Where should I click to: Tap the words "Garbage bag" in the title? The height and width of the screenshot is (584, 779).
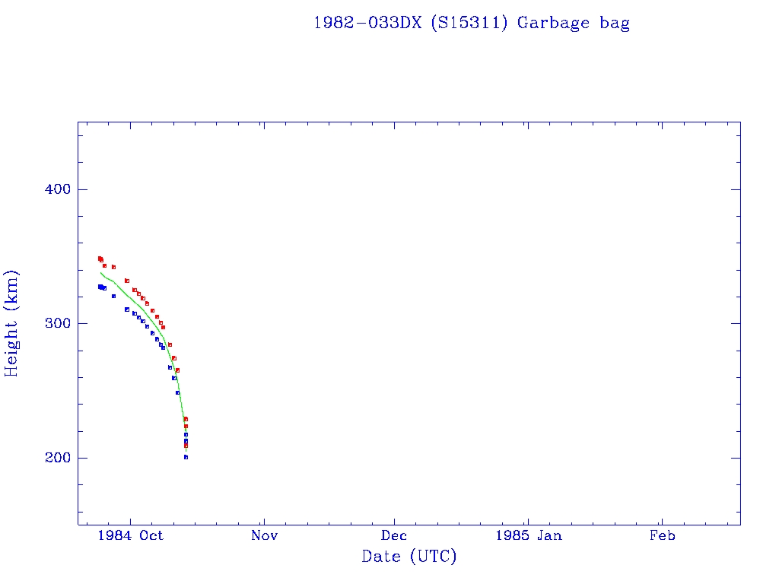574,23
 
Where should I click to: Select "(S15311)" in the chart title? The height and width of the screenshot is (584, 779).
469,23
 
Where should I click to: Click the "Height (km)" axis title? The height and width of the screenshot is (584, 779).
12,323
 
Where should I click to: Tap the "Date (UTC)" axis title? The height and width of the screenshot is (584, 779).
409,557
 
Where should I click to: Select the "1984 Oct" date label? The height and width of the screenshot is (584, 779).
130,536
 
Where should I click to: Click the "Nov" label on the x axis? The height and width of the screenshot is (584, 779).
263,536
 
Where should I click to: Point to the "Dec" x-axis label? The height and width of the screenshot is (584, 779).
395,536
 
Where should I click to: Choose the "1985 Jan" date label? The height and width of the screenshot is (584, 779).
529,536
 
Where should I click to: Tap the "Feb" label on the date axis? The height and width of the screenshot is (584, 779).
662,536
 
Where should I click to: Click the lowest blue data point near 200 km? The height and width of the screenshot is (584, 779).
186,457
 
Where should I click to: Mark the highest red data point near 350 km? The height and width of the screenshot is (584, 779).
100,259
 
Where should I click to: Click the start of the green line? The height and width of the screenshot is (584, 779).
100,272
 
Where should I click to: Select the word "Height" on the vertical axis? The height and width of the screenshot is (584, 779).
12,341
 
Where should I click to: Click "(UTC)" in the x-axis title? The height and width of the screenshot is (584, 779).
433,557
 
